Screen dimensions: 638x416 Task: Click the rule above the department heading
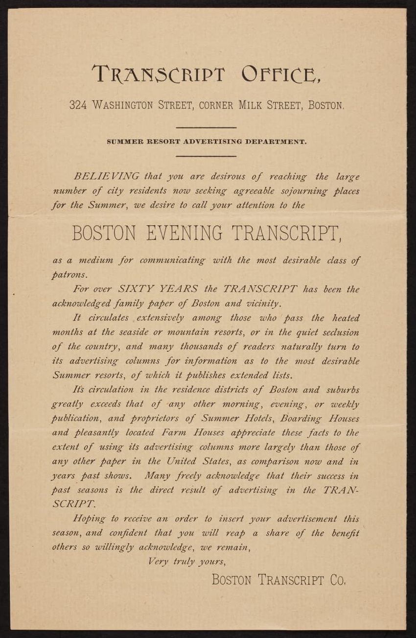[x=206, y=128]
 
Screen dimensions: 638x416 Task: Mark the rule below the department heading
[x=206, y=156]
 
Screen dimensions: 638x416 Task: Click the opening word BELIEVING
[x=106, y=176]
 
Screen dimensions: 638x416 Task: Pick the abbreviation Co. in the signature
[x=338, y=580]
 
